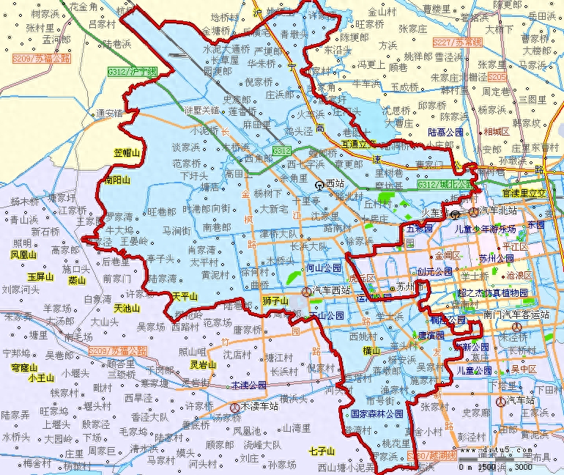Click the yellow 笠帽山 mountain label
pyautogui.click(x=127, y=152)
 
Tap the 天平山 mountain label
pyautogui.click(x=185, y=296)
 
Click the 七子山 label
pyautogui.click(x=322, y=450)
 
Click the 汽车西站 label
pyautogui.click(x=331, y=292)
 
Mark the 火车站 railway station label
pyautogui.click(x=434, y=213)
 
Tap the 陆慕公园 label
pyautogui.click(x=445, y=132)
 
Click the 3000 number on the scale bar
pyautogui.click(x=523, y=467)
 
